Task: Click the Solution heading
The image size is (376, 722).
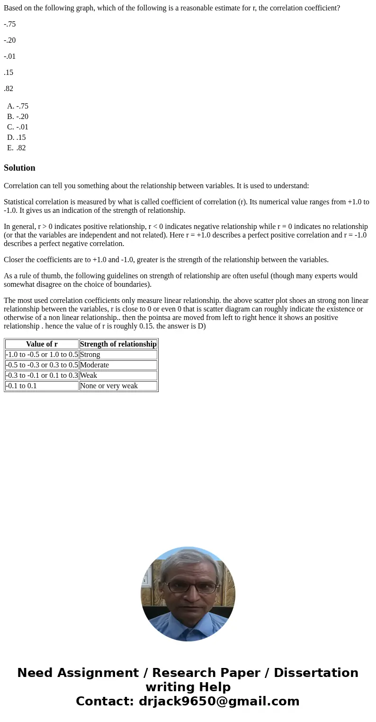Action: coord(19,168)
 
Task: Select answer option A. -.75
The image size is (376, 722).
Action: coord(18,106)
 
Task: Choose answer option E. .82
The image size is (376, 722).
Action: coord(17,148)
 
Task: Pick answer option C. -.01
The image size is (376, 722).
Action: coord(18,127)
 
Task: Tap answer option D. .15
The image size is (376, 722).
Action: coord(17,137)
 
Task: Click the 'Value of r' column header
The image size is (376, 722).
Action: coord(42,344)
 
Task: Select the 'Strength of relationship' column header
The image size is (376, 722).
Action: coord(118,344)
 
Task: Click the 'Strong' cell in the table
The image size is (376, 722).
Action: coord(90,355)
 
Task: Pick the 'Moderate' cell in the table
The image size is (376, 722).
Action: coord(94,365)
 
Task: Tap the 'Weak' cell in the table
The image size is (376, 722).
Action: coord(89,375)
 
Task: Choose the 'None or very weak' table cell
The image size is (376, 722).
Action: coord(109,386)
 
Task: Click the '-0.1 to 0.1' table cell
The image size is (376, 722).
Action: coord(21,386)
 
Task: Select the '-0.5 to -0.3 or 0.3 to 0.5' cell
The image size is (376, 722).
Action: coord(42,365)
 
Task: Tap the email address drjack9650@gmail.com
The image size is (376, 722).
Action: coord(219,701)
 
